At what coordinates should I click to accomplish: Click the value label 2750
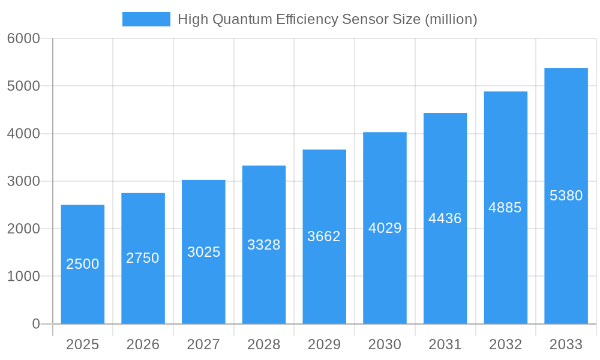click(x=143, y=258)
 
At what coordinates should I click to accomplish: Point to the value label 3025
click(x=204, y=252)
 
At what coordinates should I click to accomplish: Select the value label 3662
click(x=324, y=236)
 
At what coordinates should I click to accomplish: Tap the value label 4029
click(x=385, y=228)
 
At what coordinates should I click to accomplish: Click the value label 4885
click(x=505, y=208)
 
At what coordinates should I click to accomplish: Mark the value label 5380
click(x=566, y=196)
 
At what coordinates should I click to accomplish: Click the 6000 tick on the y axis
click(x=23, y=38)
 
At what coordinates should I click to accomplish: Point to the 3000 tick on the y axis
click(x=23, y=181)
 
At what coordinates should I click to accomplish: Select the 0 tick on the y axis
click(x=35, y=324)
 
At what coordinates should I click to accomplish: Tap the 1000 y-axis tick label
click(x=23, y=277)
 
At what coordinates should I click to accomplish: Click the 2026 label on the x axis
click(x=143, y=344)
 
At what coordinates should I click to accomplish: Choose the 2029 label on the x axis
click(x=324, y=344)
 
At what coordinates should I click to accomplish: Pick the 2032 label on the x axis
click(x=505, y=344)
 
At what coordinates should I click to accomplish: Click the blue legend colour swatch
click(x=146, y=19)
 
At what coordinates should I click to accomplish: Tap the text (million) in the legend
click(x=451, y=20)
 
